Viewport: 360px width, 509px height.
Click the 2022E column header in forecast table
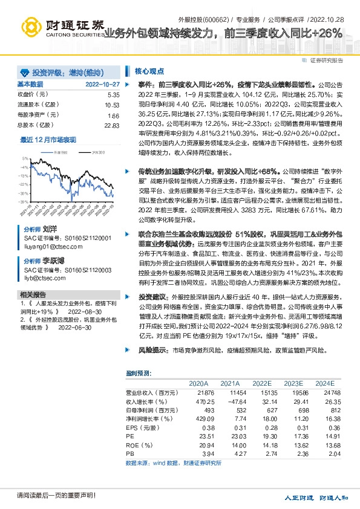pyautogui.click(x=261, y=383)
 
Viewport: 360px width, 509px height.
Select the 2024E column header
pyautogui.click(x=324, y=383)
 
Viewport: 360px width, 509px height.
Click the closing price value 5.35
pyautogui.click(x=113, y=95)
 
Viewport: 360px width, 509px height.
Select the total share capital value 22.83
pyautogui.click(x=112, y=125)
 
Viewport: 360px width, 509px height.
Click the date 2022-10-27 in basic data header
pyautogui.click(x=102, y=84)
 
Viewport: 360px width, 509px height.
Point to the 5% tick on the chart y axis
pyautogui.click(x=25, y=158)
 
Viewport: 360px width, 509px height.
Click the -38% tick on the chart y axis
pyautogui.click(x=23, y=202)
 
